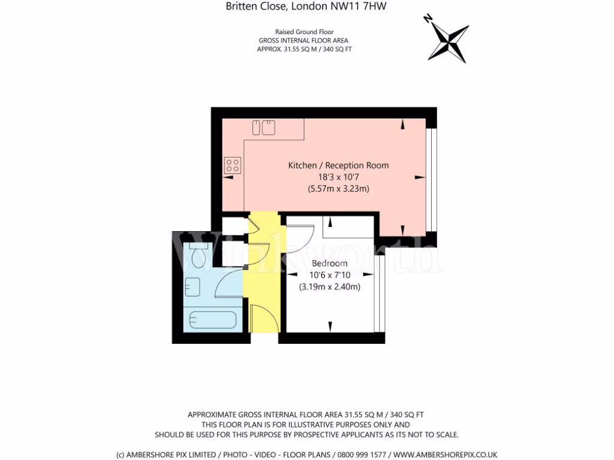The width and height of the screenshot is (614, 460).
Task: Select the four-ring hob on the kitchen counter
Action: [233, 165]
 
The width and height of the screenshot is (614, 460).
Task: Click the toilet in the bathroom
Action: [197, 255]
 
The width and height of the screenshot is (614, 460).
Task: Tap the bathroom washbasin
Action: [193, 287]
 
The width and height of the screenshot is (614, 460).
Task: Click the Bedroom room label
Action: [329, 264]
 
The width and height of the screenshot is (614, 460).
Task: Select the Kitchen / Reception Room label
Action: [338, 165]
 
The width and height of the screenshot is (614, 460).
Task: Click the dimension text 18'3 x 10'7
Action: [338, 177]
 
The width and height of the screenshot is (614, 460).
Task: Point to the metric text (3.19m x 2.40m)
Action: [329, 287]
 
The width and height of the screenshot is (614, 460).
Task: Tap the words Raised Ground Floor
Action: [304, 32]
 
